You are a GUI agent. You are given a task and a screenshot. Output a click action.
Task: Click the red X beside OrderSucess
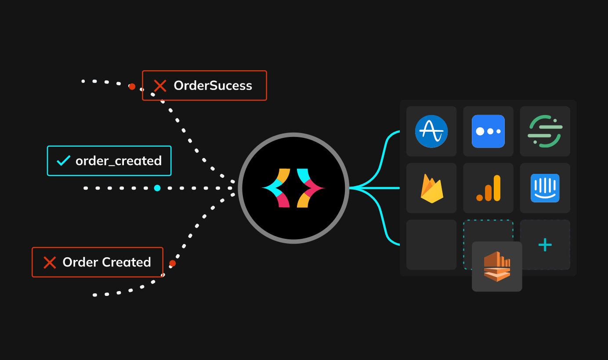point(160,86)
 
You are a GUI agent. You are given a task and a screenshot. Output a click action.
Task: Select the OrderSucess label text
point(213,86)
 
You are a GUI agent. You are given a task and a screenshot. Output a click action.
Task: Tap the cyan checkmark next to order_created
point(63,161)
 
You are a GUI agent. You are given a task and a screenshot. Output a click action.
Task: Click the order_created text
point(119,161)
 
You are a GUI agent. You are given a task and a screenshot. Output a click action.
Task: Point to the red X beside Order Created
point(50,263)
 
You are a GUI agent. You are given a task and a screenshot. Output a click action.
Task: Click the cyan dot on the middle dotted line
point(157,188)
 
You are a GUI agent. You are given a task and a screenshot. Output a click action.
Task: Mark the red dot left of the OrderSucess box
point(132,86)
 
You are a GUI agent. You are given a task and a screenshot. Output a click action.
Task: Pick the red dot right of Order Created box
point(173,263)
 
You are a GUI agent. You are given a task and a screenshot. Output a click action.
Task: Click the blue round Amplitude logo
point(431,131)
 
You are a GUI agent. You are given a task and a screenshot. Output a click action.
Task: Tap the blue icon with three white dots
point(488,131)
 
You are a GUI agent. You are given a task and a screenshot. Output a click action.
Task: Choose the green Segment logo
point(545,131)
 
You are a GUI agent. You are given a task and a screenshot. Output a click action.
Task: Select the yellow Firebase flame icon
point(431,188)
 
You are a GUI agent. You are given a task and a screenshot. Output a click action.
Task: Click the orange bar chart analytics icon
point(488,188)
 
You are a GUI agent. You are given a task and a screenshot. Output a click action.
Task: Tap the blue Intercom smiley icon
point(545,188)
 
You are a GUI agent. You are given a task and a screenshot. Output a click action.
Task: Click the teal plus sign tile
point(545,245)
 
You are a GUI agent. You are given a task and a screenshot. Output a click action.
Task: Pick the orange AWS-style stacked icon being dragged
point(497,266)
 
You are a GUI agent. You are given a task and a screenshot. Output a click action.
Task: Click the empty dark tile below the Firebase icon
point(431,245)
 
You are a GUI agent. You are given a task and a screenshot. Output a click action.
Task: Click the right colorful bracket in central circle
point(309,188)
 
